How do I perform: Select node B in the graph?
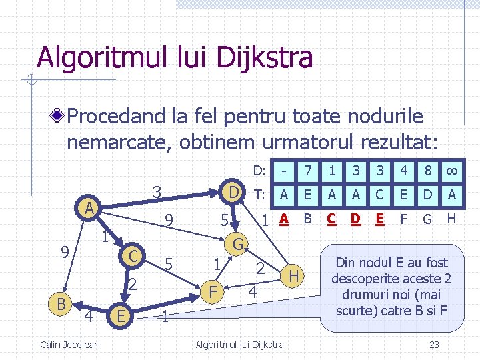click(61, 304)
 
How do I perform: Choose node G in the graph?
click(237, 243)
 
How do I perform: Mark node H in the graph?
click(293, 274)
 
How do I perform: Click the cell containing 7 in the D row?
click(308, 171)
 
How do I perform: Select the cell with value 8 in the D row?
click(427, 171)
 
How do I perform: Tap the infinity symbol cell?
click(451, 171)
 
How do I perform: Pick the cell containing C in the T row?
click(379, 194)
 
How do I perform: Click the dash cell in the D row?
click(284, 171)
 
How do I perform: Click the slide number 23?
click(434, 344)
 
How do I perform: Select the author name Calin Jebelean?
click(70, 344)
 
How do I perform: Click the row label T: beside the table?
click(260, 194)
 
